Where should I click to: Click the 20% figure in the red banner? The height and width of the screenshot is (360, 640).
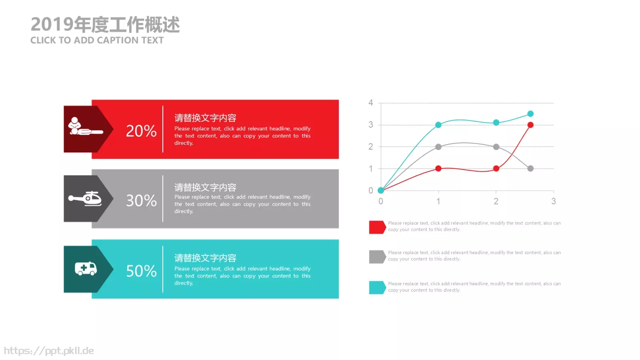pyautogui.click(x=141, y=131)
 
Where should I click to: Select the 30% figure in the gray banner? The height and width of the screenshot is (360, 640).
pyautogui.click(x=141, y=200)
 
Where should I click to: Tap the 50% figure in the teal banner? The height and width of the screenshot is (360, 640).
pyautogui.click(x=141, y=271)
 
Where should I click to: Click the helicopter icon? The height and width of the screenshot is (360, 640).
pyautogui.click(x=85, y=198)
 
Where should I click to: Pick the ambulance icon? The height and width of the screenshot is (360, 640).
pyautogui.click(x=86, y=268)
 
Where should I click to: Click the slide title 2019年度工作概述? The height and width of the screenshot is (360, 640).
pyautogui.click(x=105, y=24)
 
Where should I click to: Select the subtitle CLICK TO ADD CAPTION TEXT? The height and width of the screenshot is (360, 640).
pyautogui.click(x=97, y=40)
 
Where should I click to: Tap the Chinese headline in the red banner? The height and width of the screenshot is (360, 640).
pyautogui.click(x=205, y=118)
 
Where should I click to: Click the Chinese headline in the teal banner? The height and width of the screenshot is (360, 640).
pyautogui.click(x=205, y=258)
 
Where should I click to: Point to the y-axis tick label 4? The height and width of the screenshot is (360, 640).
pyautogui.click(x=371, y=103)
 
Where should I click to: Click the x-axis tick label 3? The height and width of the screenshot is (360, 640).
pyautogui.click(x=554, y=201)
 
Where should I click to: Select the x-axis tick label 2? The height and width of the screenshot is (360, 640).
pyautogui.click(x=496, y=201)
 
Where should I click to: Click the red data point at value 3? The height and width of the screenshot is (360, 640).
pyautogui.click(x=530, y=125)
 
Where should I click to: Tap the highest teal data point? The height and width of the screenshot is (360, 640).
pyautogui.click(x=530, y=114)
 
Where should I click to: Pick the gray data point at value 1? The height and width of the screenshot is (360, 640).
pyautogui.click(x=530, y=168)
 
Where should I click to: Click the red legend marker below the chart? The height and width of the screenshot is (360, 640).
pyautogui.click(x=377, y=227)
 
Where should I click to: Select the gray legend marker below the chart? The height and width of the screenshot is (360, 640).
pyautogui.click(x=377, y=257)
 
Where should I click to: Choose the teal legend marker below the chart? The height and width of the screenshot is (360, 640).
pyautogui.click(x=377, y=287)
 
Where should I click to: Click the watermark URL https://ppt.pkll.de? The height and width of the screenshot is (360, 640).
pyautogui.click(x=49, y=351)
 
